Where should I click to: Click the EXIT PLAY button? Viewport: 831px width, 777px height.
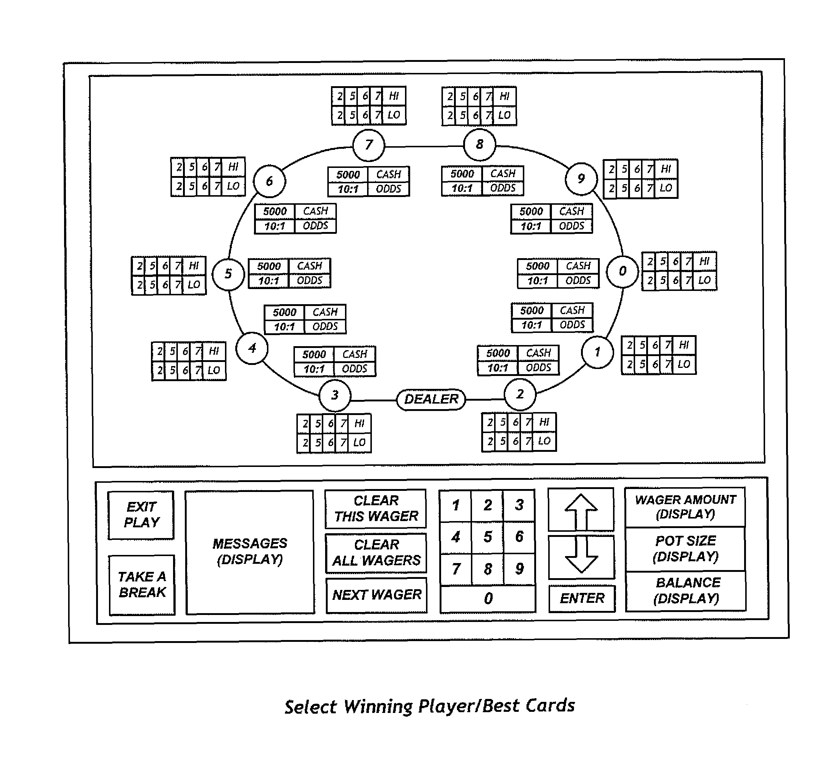click(x=141, y=515)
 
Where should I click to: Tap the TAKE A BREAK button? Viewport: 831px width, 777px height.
click(x=142, y=585)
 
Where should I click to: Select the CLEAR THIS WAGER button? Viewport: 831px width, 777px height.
click(x=376, y=509)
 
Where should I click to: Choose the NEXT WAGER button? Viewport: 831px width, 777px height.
click(x=377, y=595)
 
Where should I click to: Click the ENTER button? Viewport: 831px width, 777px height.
click(x=582, y=598)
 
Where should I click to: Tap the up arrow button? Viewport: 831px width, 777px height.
click(x=581, y=510)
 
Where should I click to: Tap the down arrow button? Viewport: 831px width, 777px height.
click(x=581, y=557)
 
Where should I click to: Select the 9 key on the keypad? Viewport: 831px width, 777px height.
click(x=520, y=569)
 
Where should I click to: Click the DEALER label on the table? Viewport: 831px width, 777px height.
click(x=431, y=399)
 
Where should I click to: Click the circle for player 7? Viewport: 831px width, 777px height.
click(x=369, y=145)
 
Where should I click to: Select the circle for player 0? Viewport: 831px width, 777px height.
click(x=622, y=271)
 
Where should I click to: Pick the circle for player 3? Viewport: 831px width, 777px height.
click(x=335, y=395)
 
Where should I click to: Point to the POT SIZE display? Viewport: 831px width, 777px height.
click(x=686, y=549)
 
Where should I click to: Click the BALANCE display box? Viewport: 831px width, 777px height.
click(x=686, y=591)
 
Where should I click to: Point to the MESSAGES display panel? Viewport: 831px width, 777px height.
click(x=250, y=552)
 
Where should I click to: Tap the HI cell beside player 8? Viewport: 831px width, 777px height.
click(x=504, y=96)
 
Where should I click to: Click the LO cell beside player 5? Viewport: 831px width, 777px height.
click(x=194, y=285)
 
